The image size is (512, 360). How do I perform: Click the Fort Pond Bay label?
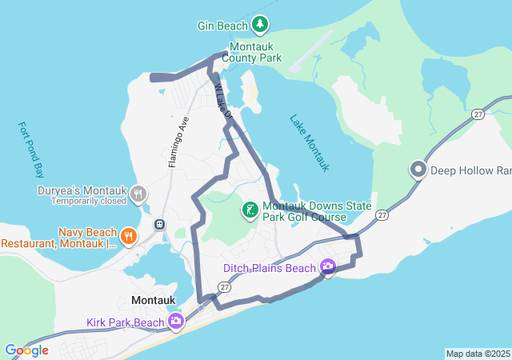click(x=31, y=150)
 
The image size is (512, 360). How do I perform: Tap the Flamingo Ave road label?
click(x=178, y=142)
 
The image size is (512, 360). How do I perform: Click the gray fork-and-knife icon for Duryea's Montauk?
click(x=138, y=193)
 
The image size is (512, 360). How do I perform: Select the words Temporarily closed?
click(x=89, y=202)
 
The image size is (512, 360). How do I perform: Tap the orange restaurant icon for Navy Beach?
click(x=128, y=235)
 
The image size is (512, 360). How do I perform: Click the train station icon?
click(x=160, y=224)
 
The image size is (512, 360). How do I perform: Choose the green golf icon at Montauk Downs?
click(x=250, y=210)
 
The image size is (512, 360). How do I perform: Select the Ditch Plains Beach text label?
click(x=270, y=268)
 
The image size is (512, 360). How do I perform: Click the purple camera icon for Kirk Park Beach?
click(x=176, y=322)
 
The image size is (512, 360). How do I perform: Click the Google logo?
click(x=26, y=350)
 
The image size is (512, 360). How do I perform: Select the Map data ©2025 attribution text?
click(x=477, y=354)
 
